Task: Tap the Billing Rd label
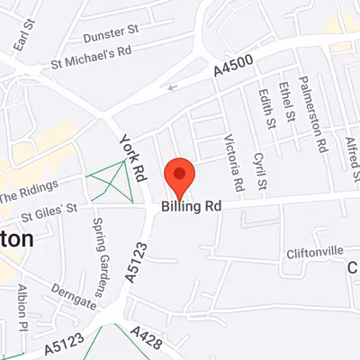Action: (x=192, y=206)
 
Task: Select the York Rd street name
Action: (x=131, y=157)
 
